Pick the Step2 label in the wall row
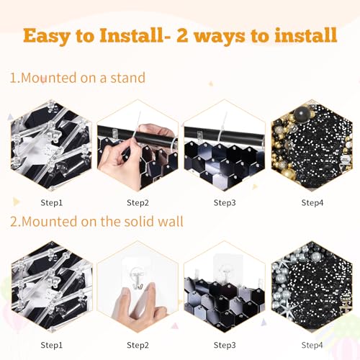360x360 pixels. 137,345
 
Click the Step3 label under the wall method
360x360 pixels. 225,345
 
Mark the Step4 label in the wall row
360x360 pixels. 312,345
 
